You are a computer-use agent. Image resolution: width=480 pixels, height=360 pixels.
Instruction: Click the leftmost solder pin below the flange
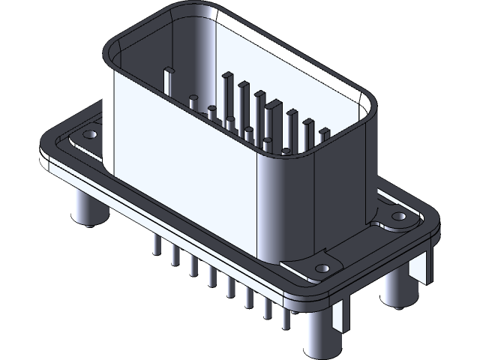(155, 244)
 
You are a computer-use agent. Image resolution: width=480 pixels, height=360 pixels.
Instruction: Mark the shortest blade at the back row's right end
(324, 134)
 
